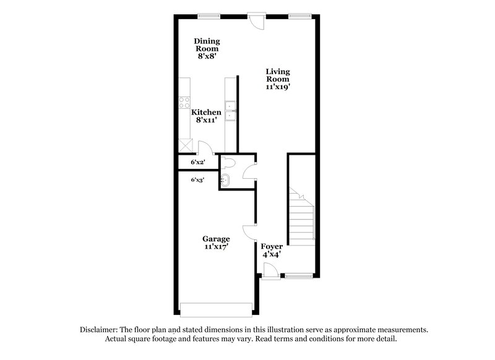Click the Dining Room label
(x=207, y=45)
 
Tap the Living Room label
(x=278, y=75)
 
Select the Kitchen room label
(x=206, y=112)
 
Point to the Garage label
(x=217, y=239)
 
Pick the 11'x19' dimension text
(x=278, y=87)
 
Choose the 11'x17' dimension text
(x=217, y=247)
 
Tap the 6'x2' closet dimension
(x=197, y=163)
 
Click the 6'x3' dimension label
(x=197, y=179)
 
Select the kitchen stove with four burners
(x=184, y=103)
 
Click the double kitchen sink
(x=230, y=110)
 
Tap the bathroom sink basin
(x=225, y=181)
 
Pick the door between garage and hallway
(x=250, y=232)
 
